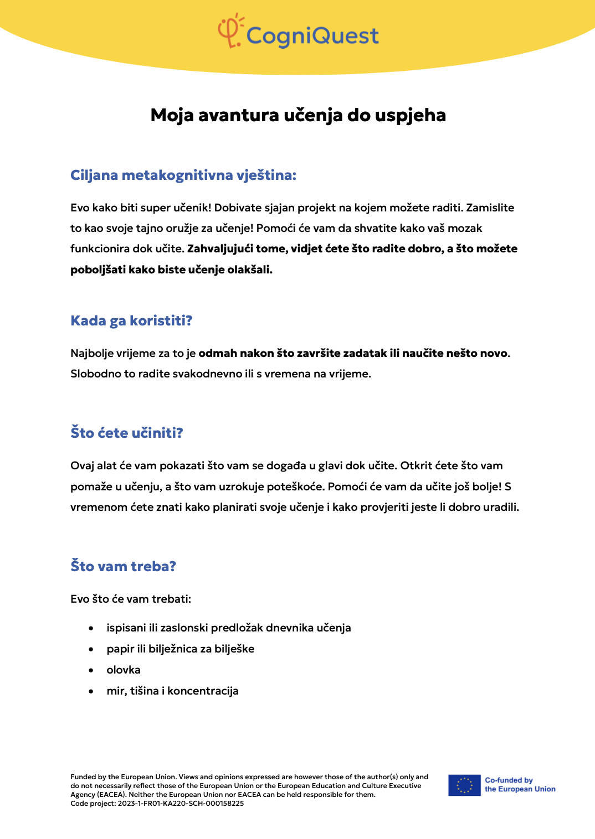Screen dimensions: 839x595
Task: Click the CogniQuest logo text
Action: coord(312,36)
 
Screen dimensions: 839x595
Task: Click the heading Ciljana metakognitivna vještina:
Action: coord(183,175)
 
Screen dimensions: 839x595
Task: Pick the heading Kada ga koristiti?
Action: coord(131,321)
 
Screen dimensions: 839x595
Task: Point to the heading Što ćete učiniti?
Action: coord(127,433)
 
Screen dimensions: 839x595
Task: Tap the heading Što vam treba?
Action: coord(123,567)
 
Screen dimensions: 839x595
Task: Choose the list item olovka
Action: coord(124,670)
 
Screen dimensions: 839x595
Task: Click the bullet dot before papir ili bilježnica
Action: coord(91,649)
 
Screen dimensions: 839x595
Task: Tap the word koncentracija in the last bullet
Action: coord(203,691)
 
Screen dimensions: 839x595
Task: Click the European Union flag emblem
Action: coord(464,785)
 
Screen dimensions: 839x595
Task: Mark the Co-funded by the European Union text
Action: coord(520,785)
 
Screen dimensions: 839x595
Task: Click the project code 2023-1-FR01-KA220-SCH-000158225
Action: coord(181,804)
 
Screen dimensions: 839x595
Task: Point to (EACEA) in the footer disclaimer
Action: coord(112,795)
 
